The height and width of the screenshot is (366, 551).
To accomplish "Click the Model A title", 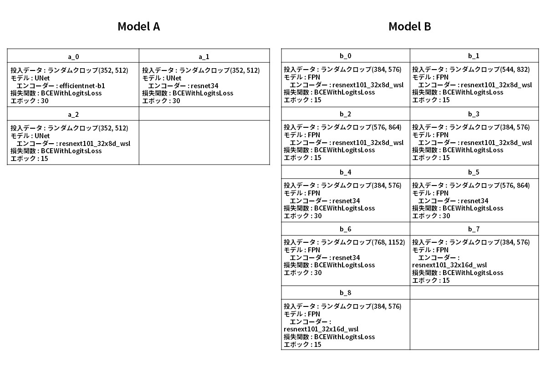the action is point(139,26).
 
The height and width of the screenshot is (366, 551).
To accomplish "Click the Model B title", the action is point(409,26).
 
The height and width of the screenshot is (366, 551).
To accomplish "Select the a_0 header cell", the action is point(73,56).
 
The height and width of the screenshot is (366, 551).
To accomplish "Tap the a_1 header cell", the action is point(204,56).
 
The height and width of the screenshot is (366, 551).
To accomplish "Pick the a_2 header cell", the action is point(73,114).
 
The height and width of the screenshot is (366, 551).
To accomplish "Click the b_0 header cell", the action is point(346,56).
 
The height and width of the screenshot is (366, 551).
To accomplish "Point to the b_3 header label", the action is point(474,114).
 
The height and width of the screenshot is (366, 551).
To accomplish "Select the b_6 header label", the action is point(346,229).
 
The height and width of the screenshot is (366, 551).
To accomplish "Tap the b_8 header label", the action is point(346,293).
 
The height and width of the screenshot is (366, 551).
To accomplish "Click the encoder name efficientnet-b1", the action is point(82,86).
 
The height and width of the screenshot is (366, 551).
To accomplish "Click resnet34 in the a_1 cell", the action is point(204,86).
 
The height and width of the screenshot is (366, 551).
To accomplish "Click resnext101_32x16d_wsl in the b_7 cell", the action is point(449,265).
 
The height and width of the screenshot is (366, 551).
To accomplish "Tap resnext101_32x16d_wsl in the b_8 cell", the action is point(321,329).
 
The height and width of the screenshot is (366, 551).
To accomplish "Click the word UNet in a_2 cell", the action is point(42,136).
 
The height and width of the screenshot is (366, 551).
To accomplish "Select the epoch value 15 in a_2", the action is point(44,159).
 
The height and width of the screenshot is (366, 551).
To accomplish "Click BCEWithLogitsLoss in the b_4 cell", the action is point(344,208).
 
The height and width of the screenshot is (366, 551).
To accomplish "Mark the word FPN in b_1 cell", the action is point(442,77).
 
